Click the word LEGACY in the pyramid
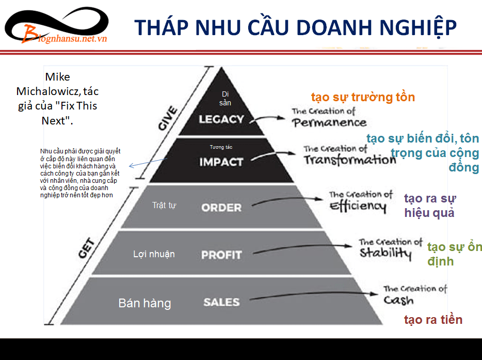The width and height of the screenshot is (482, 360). pos(221,119)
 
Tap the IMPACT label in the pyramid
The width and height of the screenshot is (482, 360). pos(221,162)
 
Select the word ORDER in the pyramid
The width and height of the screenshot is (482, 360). pos(221,208)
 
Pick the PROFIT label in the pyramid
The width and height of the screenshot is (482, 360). pos(221,255)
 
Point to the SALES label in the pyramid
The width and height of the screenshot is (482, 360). pos(221,302)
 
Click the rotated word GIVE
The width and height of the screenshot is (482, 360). pos(168,118)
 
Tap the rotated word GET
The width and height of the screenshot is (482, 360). pos(86,248)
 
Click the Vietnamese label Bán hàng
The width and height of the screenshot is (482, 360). pos(144,303)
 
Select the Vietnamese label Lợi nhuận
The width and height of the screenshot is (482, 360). pos(154,254)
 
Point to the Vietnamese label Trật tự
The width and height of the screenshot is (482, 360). pos(164,205)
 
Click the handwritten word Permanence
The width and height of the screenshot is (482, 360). pos(329,122)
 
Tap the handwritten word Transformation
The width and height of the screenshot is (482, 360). pos(350,160)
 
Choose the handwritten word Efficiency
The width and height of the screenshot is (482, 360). pos(358,206)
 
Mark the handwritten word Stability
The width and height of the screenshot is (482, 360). pos(385,253)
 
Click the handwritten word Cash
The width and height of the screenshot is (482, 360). pos(398,300)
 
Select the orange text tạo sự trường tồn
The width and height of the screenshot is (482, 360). pos(363,97)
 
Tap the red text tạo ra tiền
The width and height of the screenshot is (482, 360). pos(433,320)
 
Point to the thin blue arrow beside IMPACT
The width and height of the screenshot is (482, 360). pos(148,163)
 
